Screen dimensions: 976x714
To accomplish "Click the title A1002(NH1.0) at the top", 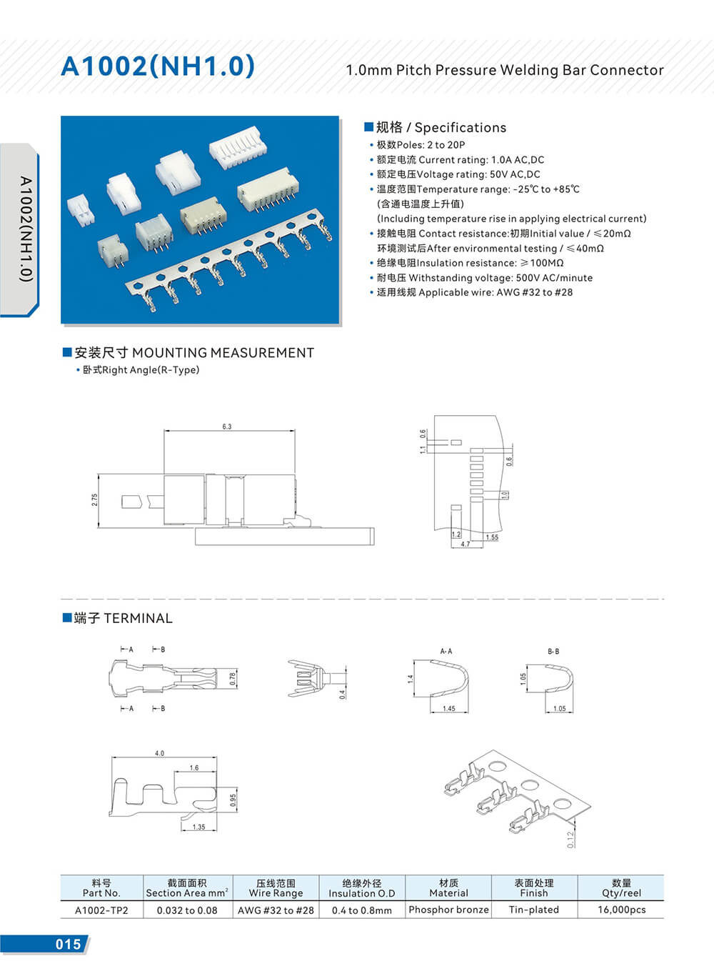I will tap(158, 66).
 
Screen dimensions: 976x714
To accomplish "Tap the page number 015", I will tap(68, 944).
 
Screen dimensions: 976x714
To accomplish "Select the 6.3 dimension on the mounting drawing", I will tap(227, 427).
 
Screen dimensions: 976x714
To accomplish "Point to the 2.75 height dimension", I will tap(95, 500).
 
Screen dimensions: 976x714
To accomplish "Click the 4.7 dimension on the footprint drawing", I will tap(466, 544).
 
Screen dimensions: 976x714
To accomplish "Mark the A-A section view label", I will tap(446, 651).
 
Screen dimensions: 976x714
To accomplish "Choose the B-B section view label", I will tap(553, 651).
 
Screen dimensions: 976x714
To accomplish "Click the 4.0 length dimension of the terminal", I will tap(159, 753).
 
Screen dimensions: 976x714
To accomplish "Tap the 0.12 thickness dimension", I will tap(570, 840).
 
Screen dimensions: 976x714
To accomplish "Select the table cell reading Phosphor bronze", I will tap(448, 910).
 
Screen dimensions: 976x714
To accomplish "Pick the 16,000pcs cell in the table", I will tap(621, 910).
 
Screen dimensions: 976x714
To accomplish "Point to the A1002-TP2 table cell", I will tap(101, 910).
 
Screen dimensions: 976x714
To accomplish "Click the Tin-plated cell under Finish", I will tap(533, 910).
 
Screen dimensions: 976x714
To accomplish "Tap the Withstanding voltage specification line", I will tap(484, 278).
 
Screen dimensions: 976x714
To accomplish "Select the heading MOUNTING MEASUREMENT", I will tap(223, 353).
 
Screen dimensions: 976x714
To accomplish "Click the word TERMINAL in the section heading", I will tap(138, 618).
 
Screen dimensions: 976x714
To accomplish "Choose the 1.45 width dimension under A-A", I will tap(448, 709).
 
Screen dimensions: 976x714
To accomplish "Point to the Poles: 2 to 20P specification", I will tap(421, 145).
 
